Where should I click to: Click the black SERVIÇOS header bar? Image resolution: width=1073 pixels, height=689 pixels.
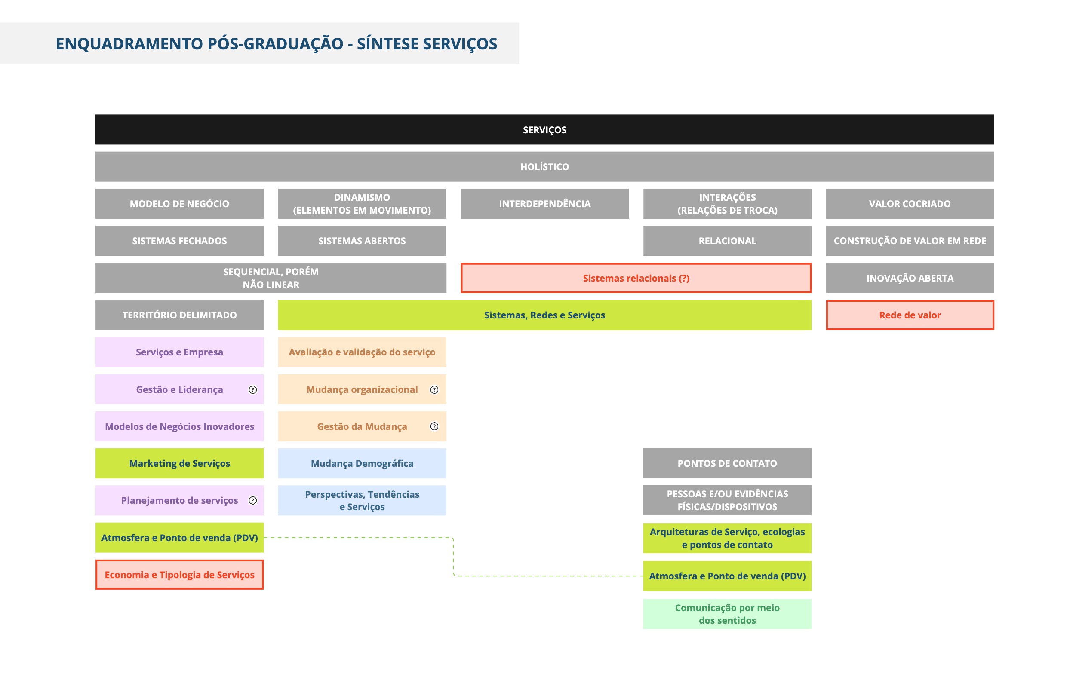coord(544,129)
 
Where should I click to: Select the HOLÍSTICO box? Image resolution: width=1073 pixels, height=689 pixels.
coord(544,166)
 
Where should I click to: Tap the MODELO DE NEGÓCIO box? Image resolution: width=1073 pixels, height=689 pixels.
coord(179,204)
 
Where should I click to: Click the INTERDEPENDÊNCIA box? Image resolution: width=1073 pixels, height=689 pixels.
coord(544,204)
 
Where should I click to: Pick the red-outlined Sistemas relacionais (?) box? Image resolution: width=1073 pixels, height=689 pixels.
coord(636,278)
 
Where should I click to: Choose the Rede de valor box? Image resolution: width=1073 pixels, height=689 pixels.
coord(910,315)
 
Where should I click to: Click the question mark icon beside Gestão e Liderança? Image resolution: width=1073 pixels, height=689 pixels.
coord(252,389)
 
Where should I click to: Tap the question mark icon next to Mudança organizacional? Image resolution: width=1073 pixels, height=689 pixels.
coord(434,389)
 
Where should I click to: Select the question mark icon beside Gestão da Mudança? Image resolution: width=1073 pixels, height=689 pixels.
coord(434,426)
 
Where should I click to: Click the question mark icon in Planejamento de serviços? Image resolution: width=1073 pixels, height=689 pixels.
coord(252,500)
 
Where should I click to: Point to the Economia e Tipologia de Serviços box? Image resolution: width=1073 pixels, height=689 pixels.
coord(179,575)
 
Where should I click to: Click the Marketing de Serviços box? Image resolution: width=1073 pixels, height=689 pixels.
coord(179,463)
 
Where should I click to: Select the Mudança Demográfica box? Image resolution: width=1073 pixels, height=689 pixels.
coord(362,463)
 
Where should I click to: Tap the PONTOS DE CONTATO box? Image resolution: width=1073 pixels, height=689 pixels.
coord(727,463)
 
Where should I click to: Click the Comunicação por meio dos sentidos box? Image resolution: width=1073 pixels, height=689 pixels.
coord(727,614)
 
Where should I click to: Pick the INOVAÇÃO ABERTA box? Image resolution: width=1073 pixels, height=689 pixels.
coord(910,278)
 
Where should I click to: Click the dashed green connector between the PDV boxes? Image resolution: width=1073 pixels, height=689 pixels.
coord(453,557)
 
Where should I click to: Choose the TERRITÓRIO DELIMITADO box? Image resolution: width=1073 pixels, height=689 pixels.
coord(179,315)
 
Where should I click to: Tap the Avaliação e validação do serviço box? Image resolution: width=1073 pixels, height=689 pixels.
coord(362,352)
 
